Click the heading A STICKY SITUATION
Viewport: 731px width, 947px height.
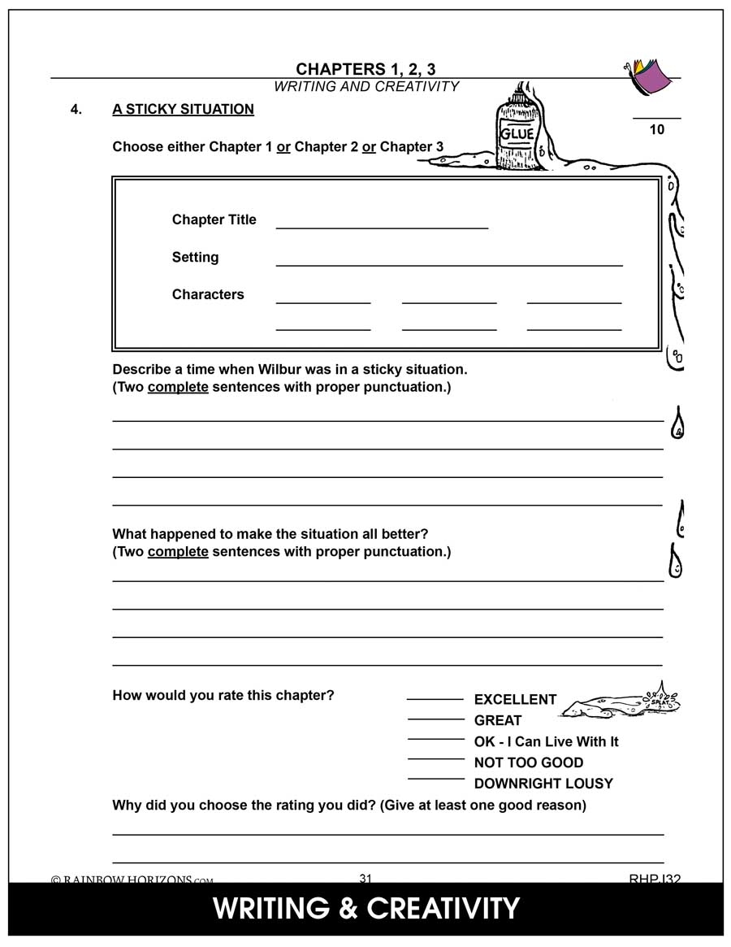(x=183, y=109)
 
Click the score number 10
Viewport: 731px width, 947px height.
(x=656, y=129)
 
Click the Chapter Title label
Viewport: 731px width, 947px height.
(x=214, y=219)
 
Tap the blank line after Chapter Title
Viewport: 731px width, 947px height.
(x=382, y=226)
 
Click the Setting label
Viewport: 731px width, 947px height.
(x=195, y=257)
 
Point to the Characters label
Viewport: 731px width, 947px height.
(x=208, y=294)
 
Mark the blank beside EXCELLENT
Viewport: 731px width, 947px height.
(x=435, y=697)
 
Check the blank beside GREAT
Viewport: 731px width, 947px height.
(x=435, y=718)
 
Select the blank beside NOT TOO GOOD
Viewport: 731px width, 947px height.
(x=435, y=759)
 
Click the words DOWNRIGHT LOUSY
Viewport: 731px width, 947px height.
(x=543, y=784)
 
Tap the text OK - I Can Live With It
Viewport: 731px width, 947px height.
(x=546, y=741)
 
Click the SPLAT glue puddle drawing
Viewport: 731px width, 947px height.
(x=621, y=702)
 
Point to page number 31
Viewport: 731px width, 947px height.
(x=365, y=878)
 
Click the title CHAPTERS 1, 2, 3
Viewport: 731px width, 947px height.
(x=365, y=69)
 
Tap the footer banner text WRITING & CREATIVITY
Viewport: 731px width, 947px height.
(x=365, y=908)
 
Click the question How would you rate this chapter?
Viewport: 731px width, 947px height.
(x=223, y=695)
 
